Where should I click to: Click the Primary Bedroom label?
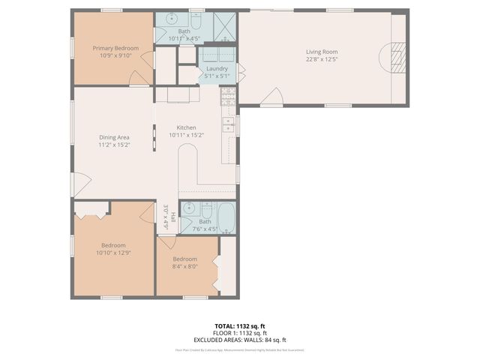click(115, 48)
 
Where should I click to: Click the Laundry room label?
click(217, 68)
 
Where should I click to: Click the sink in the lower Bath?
click(189, 208)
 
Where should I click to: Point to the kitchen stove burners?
click(228, 95)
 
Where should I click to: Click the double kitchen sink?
click(228, 124)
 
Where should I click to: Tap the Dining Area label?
click(115, 137)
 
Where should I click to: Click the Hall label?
click(173, 217)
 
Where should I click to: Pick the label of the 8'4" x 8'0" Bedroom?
click(184, 259)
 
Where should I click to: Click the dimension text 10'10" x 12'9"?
click(113, 253)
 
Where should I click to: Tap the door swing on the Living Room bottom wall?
click(275, 96)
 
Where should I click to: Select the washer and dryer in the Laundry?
click(217, 54)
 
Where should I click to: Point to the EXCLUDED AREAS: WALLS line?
click(240, 340)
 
